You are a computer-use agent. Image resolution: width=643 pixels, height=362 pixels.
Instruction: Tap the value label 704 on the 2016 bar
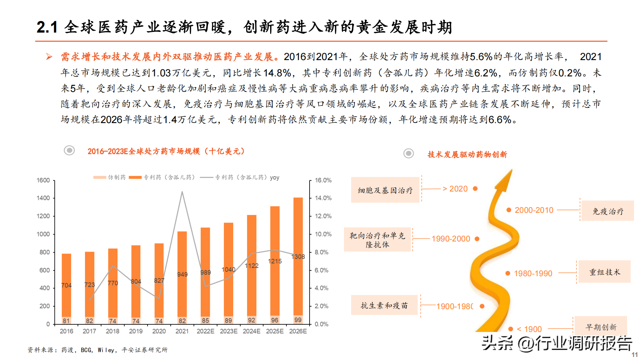[67, 285]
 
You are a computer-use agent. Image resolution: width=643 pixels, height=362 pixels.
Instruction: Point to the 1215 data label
[275, 261]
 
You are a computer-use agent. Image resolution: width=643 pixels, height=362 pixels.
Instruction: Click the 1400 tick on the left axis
[43, 198]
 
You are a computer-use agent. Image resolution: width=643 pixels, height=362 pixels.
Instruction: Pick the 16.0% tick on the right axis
[323, 180]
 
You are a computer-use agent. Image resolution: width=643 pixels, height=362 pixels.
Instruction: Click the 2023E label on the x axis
[229, 331]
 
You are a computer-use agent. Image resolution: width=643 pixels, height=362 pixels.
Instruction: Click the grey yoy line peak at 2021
[182, 192]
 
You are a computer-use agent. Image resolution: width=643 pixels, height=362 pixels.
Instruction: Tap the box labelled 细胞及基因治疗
[385, 190]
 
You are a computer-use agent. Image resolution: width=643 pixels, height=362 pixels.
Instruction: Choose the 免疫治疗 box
[608, 211]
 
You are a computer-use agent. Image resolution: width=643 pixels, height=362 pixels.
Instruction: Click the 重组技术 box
[604, 272]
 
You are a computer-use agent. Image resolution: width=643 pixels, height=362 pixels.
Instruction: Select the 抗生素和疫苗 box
[384, 306]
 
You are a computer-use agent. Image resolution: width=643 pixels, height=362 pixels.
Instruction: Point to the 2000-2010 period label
[534, 210]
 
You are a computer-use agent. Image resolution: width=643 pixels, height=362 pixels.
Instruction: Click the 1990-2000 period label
[451, 239]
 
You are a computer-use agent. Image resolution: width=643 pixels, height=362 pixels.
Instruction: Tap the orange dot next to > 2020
[475, 189]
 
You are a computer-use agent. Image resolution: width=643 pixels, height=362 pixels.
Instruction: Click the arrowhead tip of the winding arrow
[511, 170]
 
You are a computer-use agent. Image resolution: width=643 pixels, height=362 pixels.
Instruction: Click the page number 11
[635, 355]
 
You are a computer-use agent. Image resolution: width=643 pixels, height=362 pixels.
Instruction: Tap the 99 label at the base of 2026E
[298, 320]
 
